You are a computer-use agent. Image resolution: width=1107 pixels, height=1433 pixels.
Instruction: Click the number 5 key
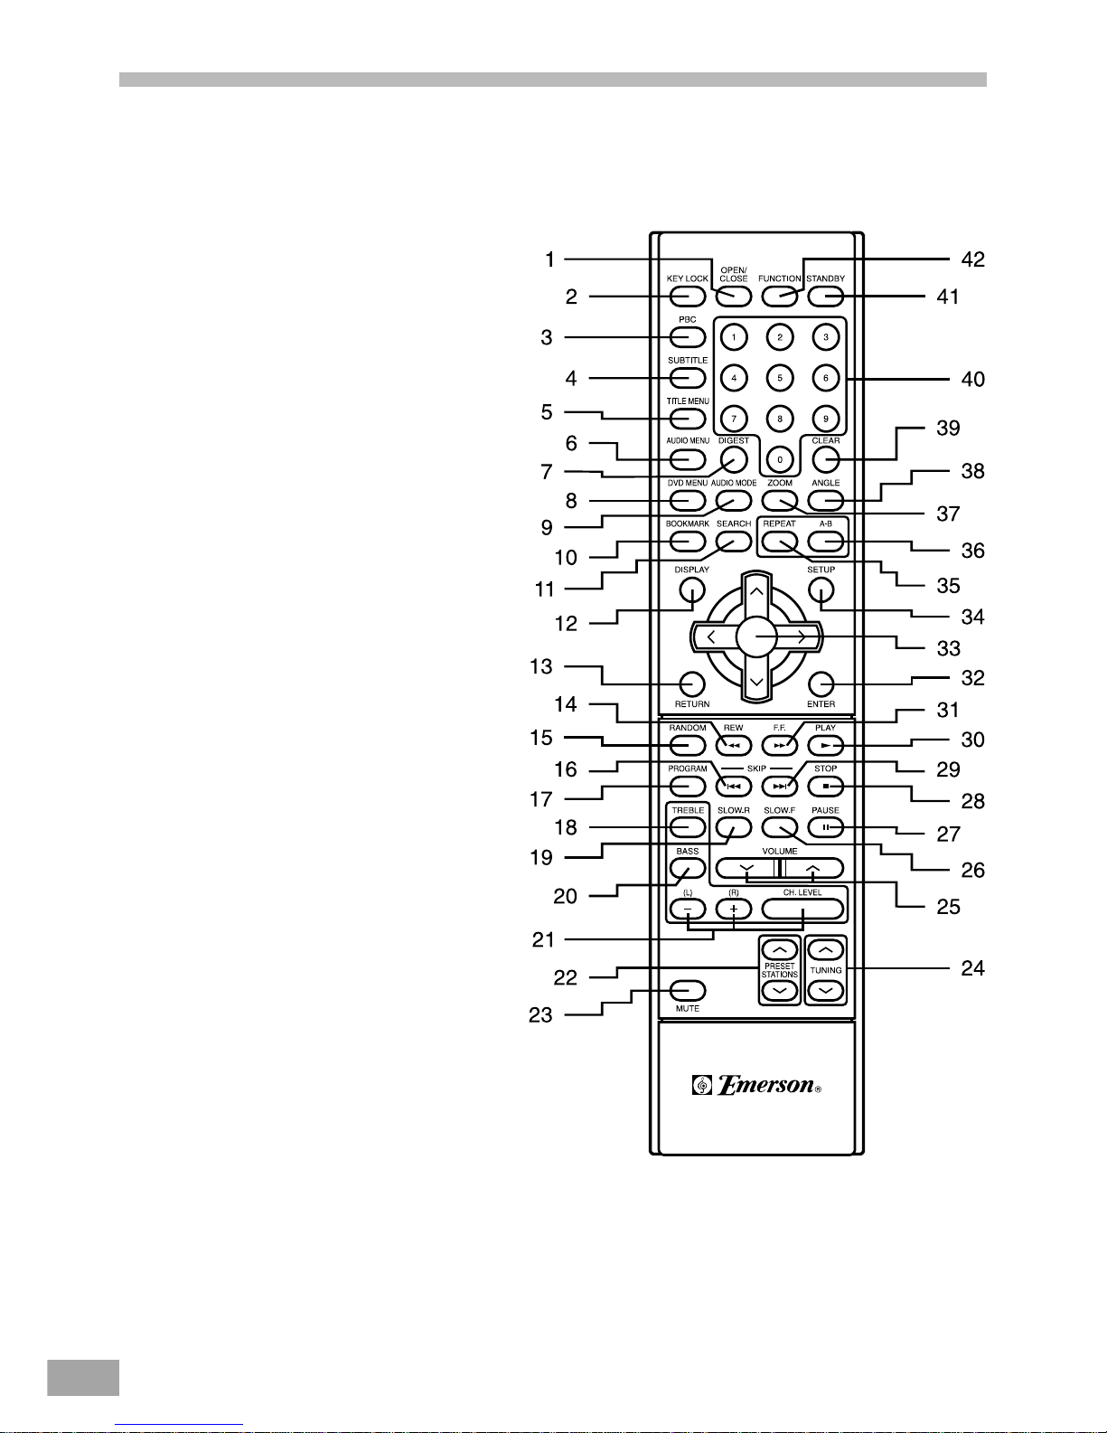[x=779, y=378]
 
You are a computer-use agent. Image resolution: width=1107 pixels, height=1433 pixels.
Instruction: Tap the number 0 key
[x=779, y=459]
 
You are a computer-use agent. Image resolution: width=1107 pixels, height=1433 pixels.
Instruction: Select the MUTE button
[x=688, y=990]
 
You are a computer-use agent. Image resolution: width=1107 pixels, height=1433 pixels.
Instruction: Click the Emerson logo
[x=757, y=1085]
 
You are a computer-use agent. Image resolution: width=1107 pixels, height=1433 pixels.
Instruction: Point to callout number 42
[x=972, y=259]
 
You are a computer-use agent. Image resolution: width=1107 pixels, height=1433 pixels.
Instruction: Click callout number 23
[x=540, y=1015]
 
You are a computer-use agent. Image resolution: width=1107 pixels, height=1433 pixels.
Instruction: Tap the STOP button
[x=826, y=786]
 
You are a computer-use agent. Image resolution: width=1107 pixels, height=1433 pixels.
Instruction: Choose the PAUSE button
[x=826, y=827]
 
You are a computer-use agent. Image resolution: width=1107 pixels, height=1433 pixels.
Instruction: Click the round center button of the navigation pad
[x=756, y=637]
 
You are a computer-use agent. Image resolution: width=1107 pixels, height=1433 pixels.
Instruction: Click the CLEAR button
[x=826, y=459]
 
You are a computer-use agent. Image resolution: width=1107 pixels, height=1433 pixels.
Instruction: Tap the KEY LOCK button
[x=688, y=296]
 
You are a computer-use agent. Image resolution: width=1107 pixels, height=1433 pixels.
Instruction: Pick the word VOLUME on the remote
[x=779, y=851]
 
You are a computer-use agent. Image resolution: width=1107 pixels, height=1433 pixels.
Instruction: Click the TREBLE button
[x=688, y=826]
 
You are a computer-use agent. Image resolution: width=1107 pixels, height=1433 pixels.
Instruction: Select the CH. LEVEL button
[x=802, y=909]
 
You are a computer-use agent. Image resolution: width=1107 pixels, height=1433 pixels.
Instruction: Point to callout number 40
[x=972, y=380]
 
